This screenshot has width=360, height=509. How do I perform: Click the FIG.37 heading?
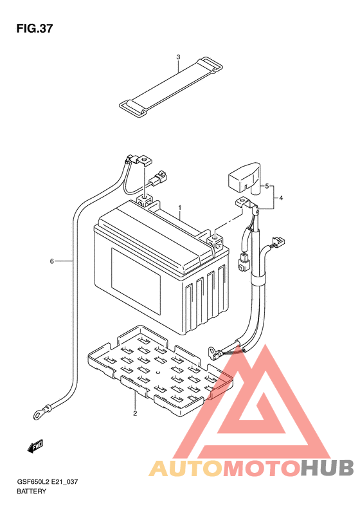tap(34, 28)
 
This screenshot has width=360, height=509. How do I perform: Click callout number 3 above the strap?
tap(178, 57)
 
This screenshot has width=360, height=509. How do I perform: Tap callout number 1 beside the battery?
tap(179, 207)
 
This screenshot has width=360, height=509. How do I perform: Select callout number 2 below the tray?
tap(135, 413)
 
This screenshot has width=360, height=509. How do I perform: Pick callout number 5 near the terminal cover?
tap(267, 186)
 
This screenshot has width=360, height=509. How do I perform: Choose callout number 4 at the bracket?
tap(281, 198)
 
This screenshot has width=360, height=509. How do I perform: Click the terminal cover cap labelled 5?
tap(244, 179)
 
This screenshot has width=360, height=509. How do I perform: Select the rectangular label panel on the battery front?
tap(136, 281)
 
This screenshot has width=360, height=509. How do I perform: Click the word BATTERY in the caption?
tap(32, 491)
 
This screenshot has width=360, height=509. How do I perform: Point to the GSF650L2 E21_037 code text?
tap(48, 482)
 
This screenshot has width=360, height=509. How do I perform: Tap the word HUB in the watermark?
tap(327, 468)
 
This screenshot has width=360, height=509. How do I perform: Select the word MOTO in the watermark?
tap(262, 468)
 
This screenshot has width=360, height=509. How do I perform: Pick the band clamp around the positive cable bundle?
tap(258, 280)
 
